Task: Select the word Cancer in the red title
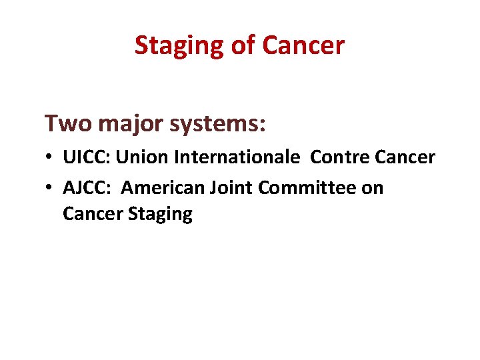pyautogui.click(x=303, y=45)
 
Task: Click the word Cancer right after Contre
pyautogui.click(x=406, y=157)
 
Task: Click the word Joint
pyautogui.click(x=233, y=188)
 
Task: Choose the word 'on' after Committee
pyautogui.click(x=373, y=189)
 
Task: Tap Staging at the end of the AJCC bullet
pyautogui.click(x=160, y=215)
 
